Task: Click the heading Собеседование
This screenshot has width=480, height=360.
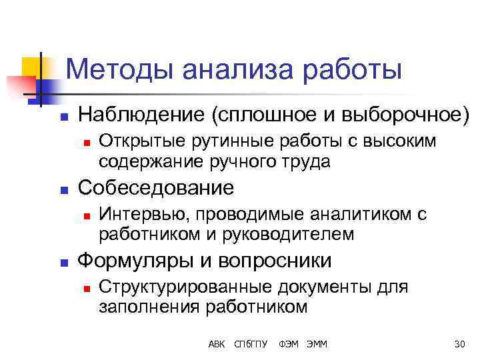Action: [156, 187]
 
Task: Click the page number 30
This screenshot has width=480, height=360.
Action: [459, 344]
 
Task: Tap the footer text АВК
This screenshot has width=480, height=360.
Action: [217, 344]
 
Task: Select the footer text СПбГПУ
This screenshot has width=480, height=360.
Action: [251, 344]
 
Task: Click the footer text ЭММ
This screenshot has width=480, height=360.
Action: [317, 344]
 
